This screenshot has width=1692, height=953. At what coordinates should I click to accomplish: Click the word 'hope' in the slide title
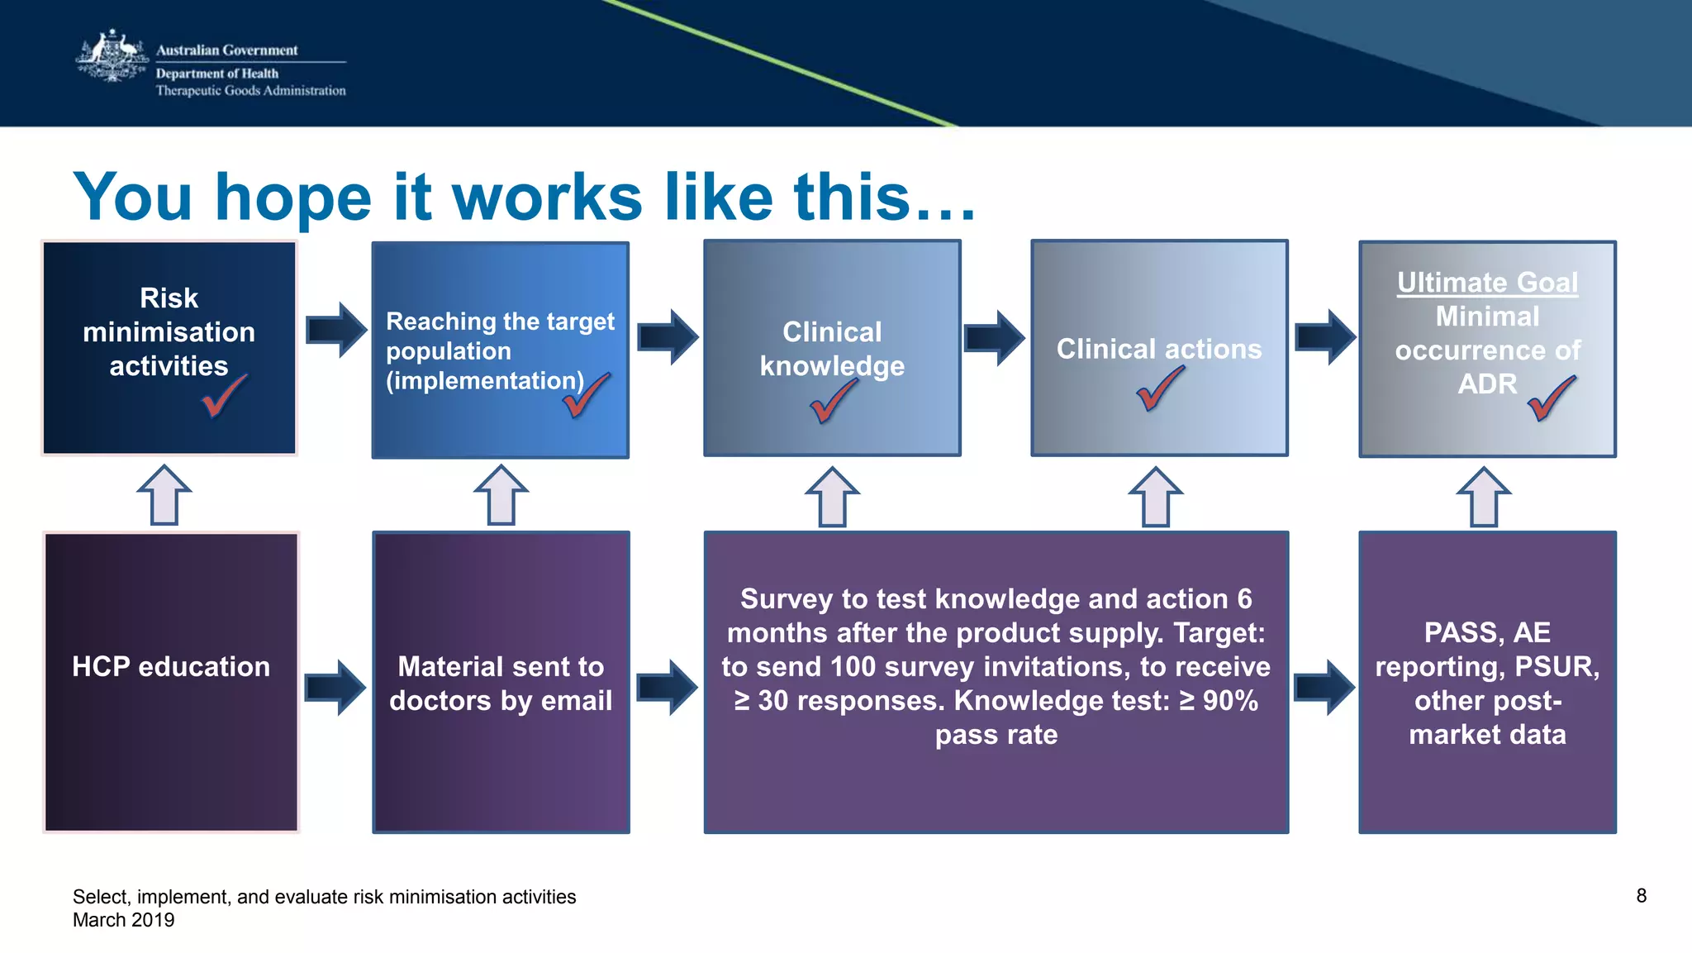(293, 198)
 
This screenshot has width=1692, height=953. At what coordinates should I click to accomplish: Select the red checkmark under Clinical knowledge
(833, 402)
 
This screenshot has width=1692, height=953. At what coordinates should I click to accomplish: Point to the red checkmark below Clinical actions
(1159, 388)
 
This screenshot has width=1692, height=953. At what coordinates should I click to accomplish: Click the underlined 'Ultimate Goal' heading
(1487, 283)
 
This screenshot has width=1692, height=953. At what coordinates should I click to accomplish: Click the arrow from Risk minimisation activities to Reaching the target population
(335, 330)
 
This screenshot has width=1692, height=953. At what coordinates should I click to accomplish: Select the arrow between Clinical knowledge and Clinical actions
(994, 337)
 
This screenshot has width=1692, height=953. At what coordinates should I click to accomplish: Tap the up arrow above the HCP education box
(164, 494)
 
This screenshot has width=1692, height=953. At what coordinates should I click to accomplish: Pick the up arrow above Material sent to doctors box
(501, 494)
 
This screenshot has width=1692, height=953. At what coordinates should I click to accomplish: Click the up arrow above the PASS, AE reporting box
(1484, 496)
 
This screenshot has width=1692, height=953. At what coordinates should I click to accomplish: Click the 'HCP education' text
(171, 667)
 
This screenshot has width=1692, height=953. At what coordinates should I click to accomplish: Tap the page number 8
(1641, 896)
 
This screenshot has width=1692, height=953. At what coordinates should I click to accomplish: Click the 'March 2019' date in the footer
(124, 920)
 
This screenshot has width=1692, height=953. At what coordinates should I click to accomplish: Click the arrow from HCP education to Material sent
(335, 687)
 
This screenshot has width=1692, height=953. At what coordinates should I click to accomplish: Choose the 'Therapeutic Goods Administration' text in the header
(250, 91)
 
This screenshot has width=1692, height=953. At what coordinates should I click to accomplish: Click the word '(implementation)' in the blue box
(485, 381)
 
